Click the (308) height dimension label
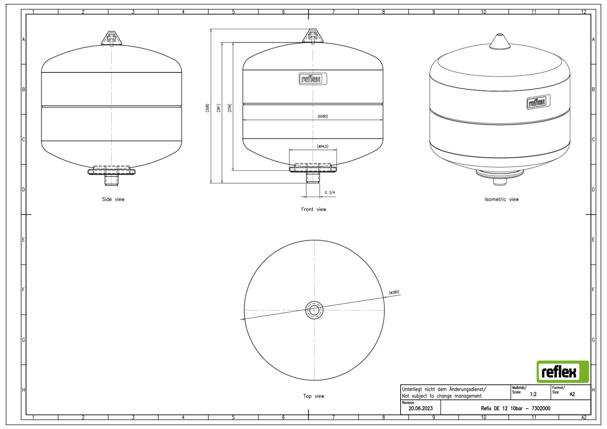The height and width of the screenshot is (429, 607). click(x=208, y=108)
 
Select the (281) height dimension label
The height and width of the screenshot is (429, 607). click(x=219, y=108)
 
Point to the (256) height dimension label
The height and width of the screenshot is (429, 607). click(x=229, y=108)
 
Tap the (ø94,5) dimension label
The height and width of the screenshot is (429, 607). click(x=323, y=147)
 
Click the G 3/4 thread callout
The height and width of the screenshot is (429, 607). click(x=330, y=193)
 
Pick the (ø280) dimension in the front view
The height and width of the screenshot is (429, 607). click(x=323, y=116)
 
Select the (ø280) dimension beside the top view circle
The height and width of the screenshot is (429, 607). click(x=394, y=293)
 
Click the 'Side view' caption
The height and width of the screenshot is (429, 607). click(x=113, y=199)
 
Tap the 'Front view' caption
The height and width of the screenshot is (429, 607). click(x=314, y=209)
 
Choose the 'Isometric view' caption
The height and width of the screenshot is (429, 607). click(x=501, y=199)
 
